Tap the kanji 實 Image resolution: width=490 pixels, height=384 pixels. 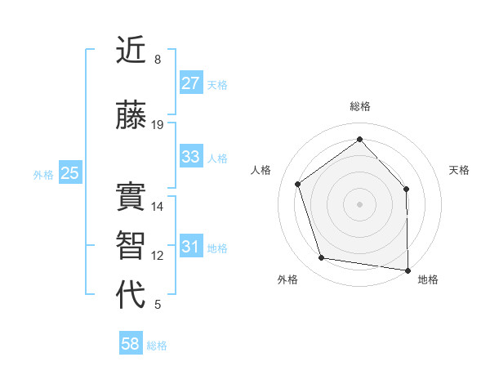pyautogui.click(x=131, y=197)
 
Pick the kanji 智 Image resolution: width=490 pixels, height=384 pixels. pyautogui.click(x=131, y=246)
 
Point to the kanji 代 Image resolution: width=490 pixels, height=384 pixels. pyautogui.click(x=131, y=295)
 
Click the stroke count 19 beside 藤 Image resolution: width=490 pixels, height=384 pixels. pyautogui.click(x=158, y=125)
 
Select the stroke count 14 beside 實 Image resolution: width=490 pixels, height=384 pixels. pyautogui.click(x=158, y=207)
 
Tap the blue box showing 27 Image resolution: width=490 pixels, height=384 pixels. pyautogui.click(x=191, y=83)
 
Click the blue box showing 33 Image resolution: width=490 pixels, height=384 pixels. pyautogui.click(x=191, y=157)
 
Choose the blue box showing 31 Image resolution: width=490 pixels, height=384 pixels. pyautogui.click(x=191, y=247)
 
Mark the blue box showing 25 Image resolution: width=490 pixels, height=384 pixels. pyautogui.click(x=70, y=173)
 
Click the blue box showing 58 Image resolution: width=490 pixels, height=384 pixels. pyautogui.click(x=131, y=344)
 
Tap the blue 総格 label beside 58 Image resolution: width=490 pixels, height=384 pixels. pyautogui.click(x=157, y=346)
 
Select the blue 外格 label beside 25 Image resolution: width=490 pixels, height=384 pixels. pyautogui.click(x=43, y=174)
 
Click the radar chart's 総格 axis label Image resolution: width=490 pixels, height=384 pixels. pyautogui.click(x=360, y=106)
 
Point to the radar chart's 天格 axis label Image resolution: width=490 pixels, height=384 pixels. pyautogui.click(x=459, y=170)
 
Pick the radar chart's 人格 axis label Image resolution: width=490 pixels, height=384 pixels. pyautogui.click(x=261, y=170)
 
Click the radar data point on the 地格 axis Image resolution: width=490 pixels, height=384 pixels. pyautogui.click(x=408, y=269)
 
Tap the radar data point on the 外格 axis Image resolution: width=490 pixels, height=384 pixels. pyautogui.click(x=322, y=258)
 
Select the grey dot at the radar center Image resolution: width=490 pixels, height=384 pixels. pyautogui.click(x=360, y=203)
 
